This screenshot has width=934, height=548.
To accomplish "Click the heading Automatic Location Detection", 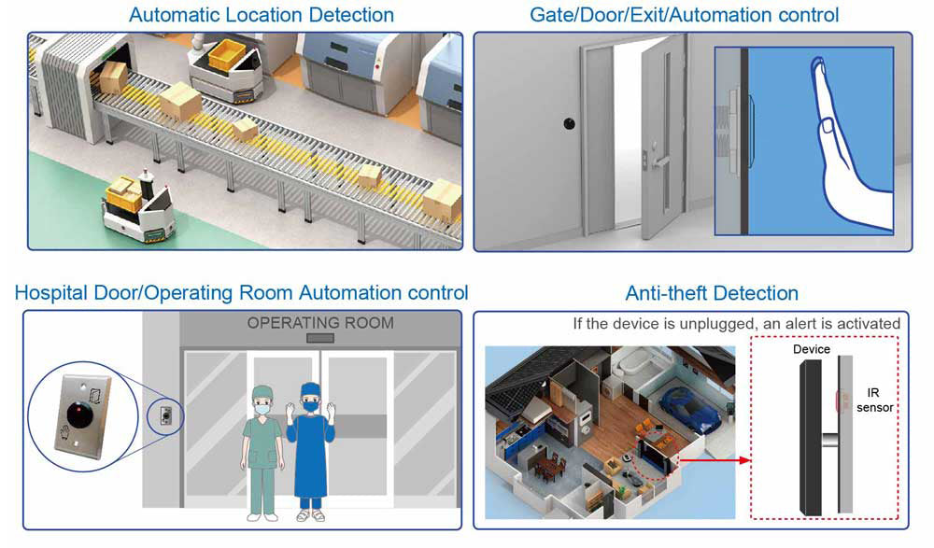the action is [262, 14].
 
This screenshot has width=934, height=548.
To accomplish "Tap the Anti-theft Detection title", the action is [712, 293].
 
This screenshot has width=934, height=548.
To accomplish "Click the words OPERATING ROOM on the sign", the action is [320, 323].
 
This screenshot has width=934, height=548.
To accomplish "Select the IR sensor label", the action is [874, 400].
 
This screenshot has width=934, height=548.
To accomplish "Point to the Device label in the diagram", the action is [812, 349].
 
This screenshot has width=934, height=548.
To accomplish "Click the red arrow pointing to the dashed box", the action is [715, 460].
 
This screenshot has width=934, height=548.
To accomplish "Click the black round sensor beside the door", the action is [570, 123].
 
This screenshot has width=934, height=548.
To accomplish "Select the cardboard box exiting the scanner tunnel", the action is [113, 77].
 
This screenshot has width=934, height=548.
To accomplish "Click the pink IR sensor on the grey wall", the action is [842, 400].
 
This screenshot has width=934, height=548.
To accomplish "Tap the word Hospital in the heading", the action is [49, 293].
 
